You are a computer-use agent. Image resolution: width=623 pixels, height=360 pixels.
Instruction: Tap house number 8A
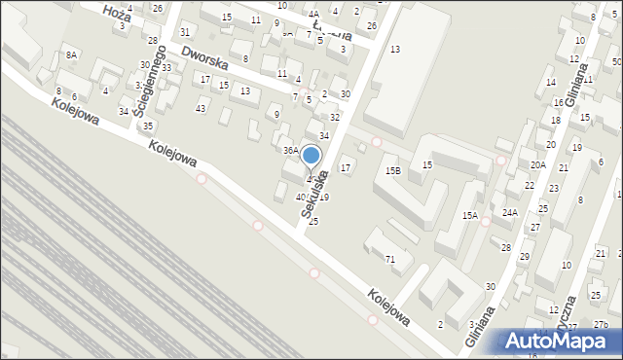coord(71,55)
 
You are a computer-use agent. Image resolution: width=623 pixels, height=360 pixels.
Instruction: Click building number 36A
coord(290,151)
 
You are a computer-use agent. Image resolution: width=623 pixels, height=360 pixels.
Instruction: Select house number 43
coord(201,108)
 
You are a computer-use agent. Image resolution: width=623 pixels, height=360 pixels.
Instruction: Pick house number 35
coord(148,126)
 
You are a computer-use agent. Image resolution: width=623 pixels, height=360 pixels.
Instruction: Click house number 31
coord(185,32)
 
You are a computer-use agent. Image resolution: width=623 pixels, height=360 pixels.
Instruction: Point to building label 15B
coord(392,171)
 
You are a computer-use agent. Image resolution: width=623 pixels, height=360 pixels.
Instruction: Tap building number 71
coord(389,259)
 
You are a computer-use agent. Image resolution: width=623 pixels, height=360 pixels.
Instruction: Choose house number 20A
coord(537,165)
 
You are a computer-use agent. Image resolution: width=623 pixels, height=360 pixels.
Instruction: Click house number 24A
coord(510,212)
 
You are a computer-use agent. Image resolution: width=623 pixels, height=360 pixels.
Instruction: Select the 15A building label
coord(470,216)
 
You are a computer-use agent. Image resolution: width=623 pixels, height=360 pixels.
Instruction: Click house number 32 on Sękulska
coord(335,117)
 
